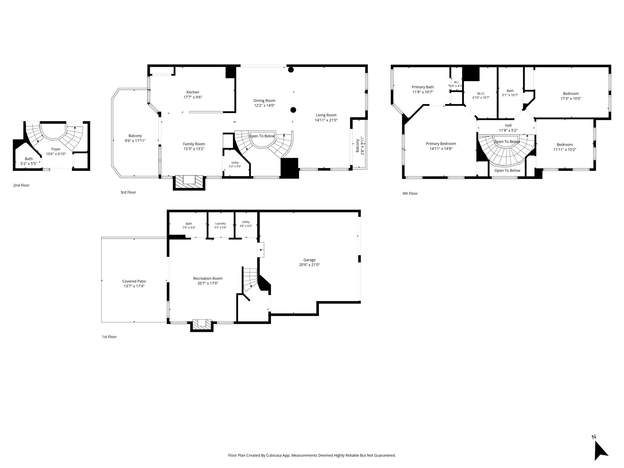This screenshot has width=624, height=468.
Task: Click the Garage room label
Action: tap(309, 260)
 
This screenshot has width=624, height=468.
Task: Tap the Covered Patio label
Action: tap(134, 281)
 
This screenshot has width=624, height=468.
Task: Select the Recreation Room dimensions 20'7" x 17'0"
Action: tap(208, 283)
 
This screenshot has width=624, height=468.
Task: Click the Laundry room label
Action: tap(220, 223)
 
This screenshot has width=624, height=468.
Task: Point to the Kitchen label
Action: tap(193, 92)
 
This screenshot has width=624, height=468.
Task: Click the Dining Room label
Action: tap(264, 101)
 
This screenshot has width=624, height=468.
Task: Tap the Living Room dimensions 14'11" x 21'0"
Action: tap(326, 120)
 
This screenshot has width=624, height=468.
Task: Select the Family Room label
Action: tap(194, 144)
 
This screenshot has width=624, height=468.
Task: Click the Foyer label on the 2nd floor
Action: tap(56, 149)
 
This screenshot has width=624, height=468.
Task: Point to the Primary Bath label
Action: tap(423, 87)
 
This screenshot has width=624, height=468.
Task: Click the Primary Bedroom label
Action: tap(441, 144)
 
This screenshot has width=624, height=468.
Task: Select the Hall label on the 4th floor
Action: tap(508, 125)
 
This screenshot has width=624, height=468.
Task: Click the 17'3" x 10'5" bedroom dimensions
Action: tap(571, 99)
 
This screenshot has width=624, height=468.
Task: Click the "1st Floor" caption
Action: tap(109, 337)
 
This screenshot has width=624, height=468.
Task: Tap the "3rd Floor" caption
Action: tap(128, 192)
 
